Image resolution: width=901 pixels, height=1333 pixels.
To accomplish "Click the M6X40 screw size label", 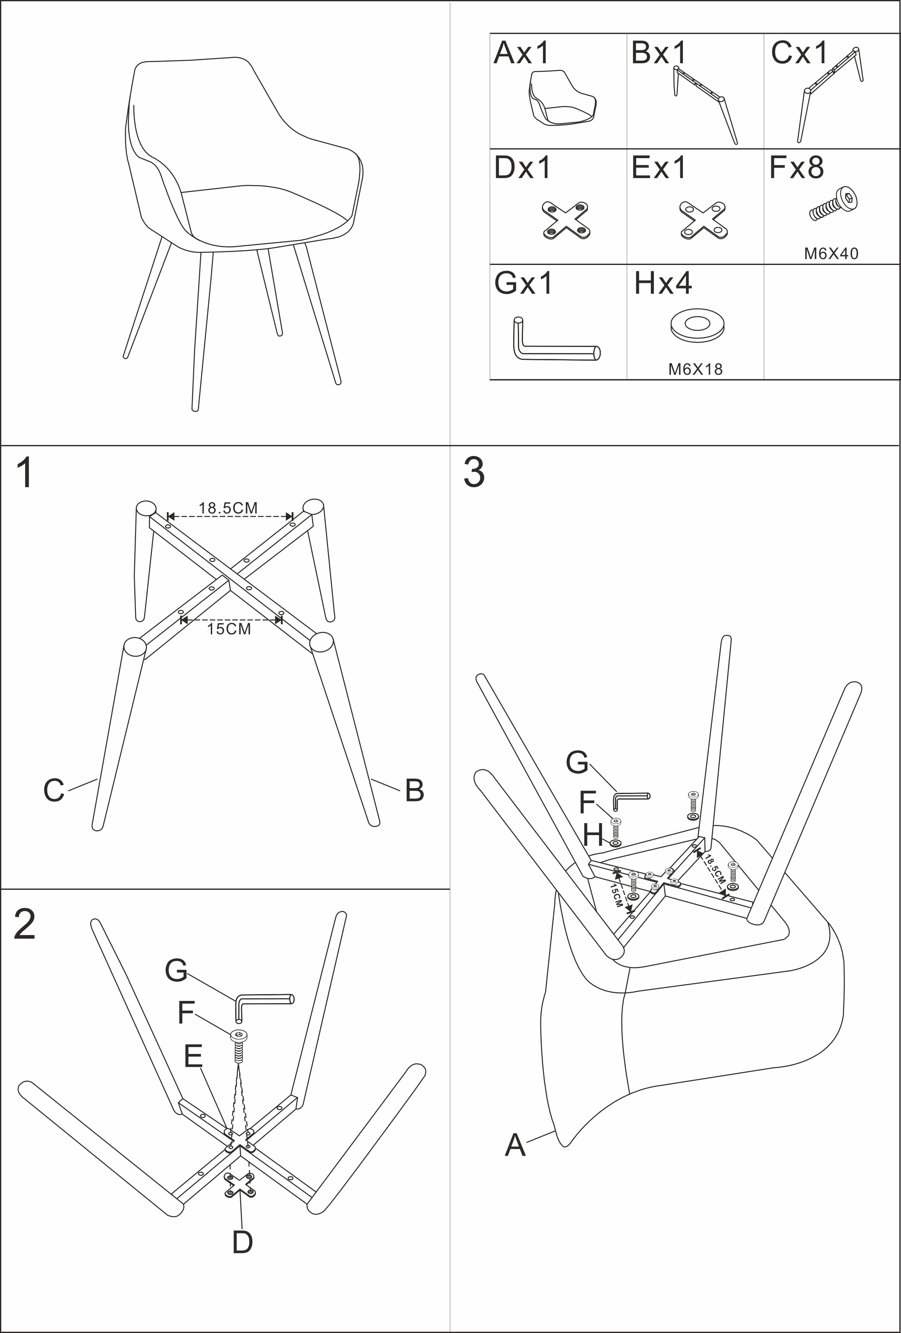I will (831, 253).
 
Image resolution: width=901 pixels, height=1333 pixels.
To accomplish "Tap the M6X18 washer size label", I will (695, 369).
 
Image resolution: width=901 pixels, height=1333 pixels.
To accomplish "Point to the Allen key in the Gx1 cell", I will (554, 342).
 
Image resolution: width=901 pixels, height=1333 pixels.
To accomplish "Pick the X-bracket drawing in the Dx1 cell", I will (566, 220).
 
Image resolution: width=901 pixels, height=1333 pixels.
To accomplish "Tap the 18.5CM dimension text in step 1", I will (228, 508).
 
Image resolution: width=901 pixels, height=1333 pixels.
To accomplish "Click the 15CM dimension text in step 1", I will (229, 629).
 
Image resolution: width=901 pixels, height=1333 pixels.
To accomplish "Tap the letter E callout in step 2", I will (193, 1056).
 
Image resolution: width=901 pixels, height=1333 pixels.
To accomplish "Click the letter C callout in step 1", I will (54, 790).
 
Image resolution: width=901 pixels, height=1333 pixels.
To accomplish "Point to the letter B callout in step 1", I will (414, 790).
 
